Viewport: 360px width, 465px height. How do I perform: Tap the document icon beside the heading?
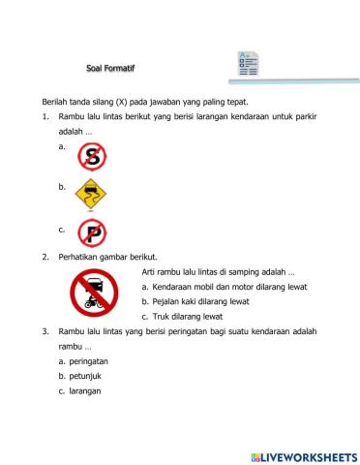[249, 65]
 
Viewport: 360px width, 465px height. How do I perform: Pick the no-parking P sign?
[92, 233]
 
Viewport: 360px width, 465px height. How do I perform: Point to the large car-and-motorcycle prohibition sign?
[94, 292]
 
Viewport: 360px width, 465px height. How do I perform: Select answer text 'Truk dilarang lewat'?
[188, 317]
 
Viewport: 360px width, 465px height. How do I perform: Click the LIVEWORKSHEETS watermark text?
[303, 454]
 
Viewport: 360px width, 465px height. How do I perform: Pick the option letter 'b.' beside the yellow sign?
[62, 185]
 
